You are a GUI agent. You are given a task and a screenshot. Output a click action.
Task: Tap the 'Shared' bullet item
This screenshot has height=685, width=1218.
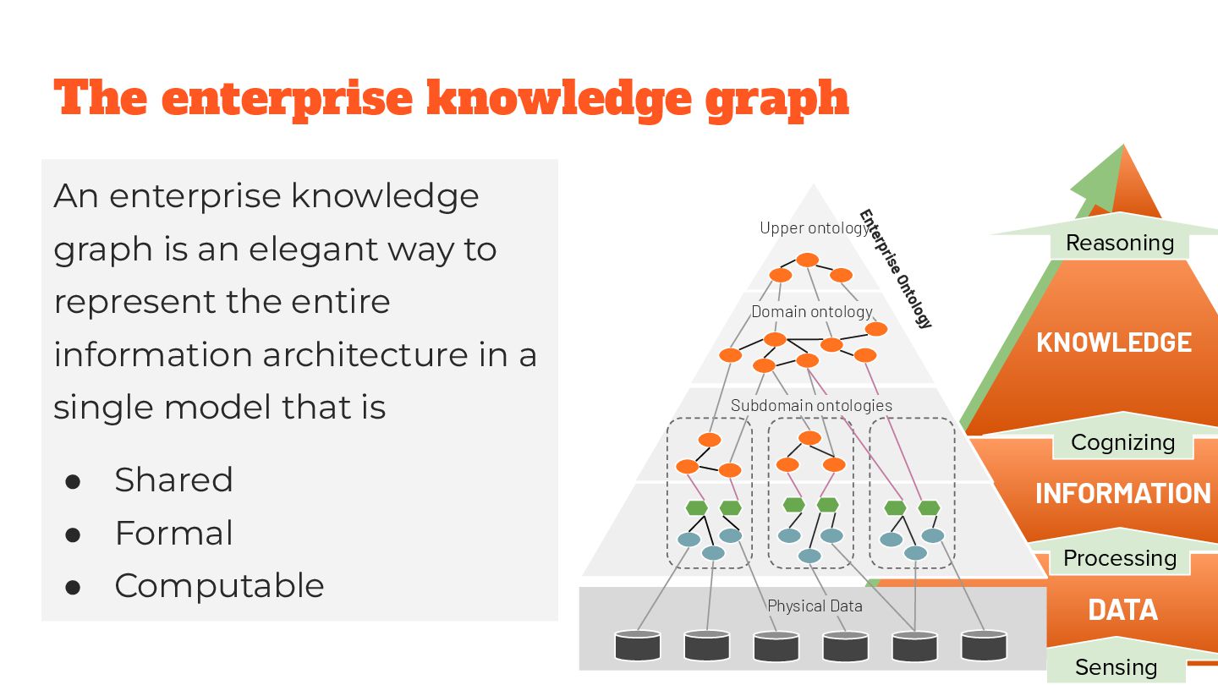pyautogui.click(x=173, y=480)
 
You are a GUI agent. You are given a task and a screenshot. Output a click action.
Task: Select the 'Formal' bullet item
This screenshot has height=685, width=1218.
pyautogui.click(x=173, y=534)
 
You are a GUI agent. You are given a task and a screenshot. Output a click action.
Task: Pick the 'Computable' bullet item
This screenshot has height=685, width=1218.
pyautogui.click(x=219, y=586)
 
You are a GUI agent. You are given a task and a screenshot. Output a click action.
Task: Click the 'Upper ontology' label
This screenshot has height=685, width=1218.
pyautogui.click(x=814, y=227)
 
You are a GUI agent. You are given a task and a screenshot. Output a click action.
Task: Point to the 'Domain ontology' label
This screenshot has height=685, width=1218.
pyautogui.click(x=812, y=312)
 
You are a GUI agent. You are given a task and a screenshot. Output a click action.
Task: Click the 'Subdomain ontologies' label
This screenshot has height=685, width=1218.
pyautogui.click(x=811, y=405)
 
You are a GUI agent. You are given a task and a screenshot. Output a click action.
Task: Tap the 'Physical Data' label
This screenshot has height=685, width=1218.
pyautogui.click(x=815, y=606)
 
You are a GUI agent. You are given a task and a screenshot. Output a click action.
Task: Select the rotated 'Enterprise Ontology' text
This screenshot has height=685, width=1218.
pyautogui.click(x=895, y=269)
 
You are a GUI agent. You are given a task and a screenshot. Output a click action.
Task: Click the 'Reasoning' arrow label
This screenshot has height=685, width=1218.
pyautogui.click(x=1120, y=243)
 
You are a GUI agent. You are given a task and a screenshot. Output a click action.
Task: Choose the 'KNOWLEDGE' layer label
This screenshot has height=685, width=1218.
pyautogui.click(x=1114, y=342)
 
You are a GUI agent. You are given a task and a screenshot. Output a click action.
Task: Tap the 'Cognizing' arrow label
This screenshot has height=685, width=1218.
pyautogui.click(x=1122, y=442)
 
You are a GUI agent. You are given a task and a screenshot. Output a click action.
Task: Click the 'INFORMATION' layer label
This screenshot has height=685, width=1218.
pyautogui.click(x=1122, y=493)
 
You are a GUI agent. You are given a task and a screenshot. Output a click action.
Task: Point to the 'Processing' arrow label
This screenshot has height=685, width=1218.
pyautogui.click(x=1119, y=558)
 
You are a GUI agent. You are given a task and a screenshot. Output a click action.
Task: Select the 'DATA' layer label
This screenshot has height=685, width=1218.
pyautogui.click(x=1122, y=610)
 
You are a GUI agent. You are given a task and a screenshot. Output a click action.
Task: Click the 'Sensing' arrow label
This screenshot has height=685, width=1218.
pyautogui.click(x=1116, y=667)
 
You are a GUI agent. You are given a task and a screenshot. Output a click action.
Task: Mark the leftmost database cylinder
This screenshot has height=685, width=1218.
pyautogui.click(x=637, y=645)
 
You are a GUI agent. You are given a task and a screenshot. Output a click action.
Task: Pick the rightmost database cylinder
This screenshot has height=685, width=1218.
pyautogui.click(x=984, y=645)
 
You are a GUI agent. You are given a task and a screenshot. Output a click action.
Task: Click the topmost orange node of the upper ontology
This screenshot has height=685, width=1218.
pyautogui.click(x=808, y=260)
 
